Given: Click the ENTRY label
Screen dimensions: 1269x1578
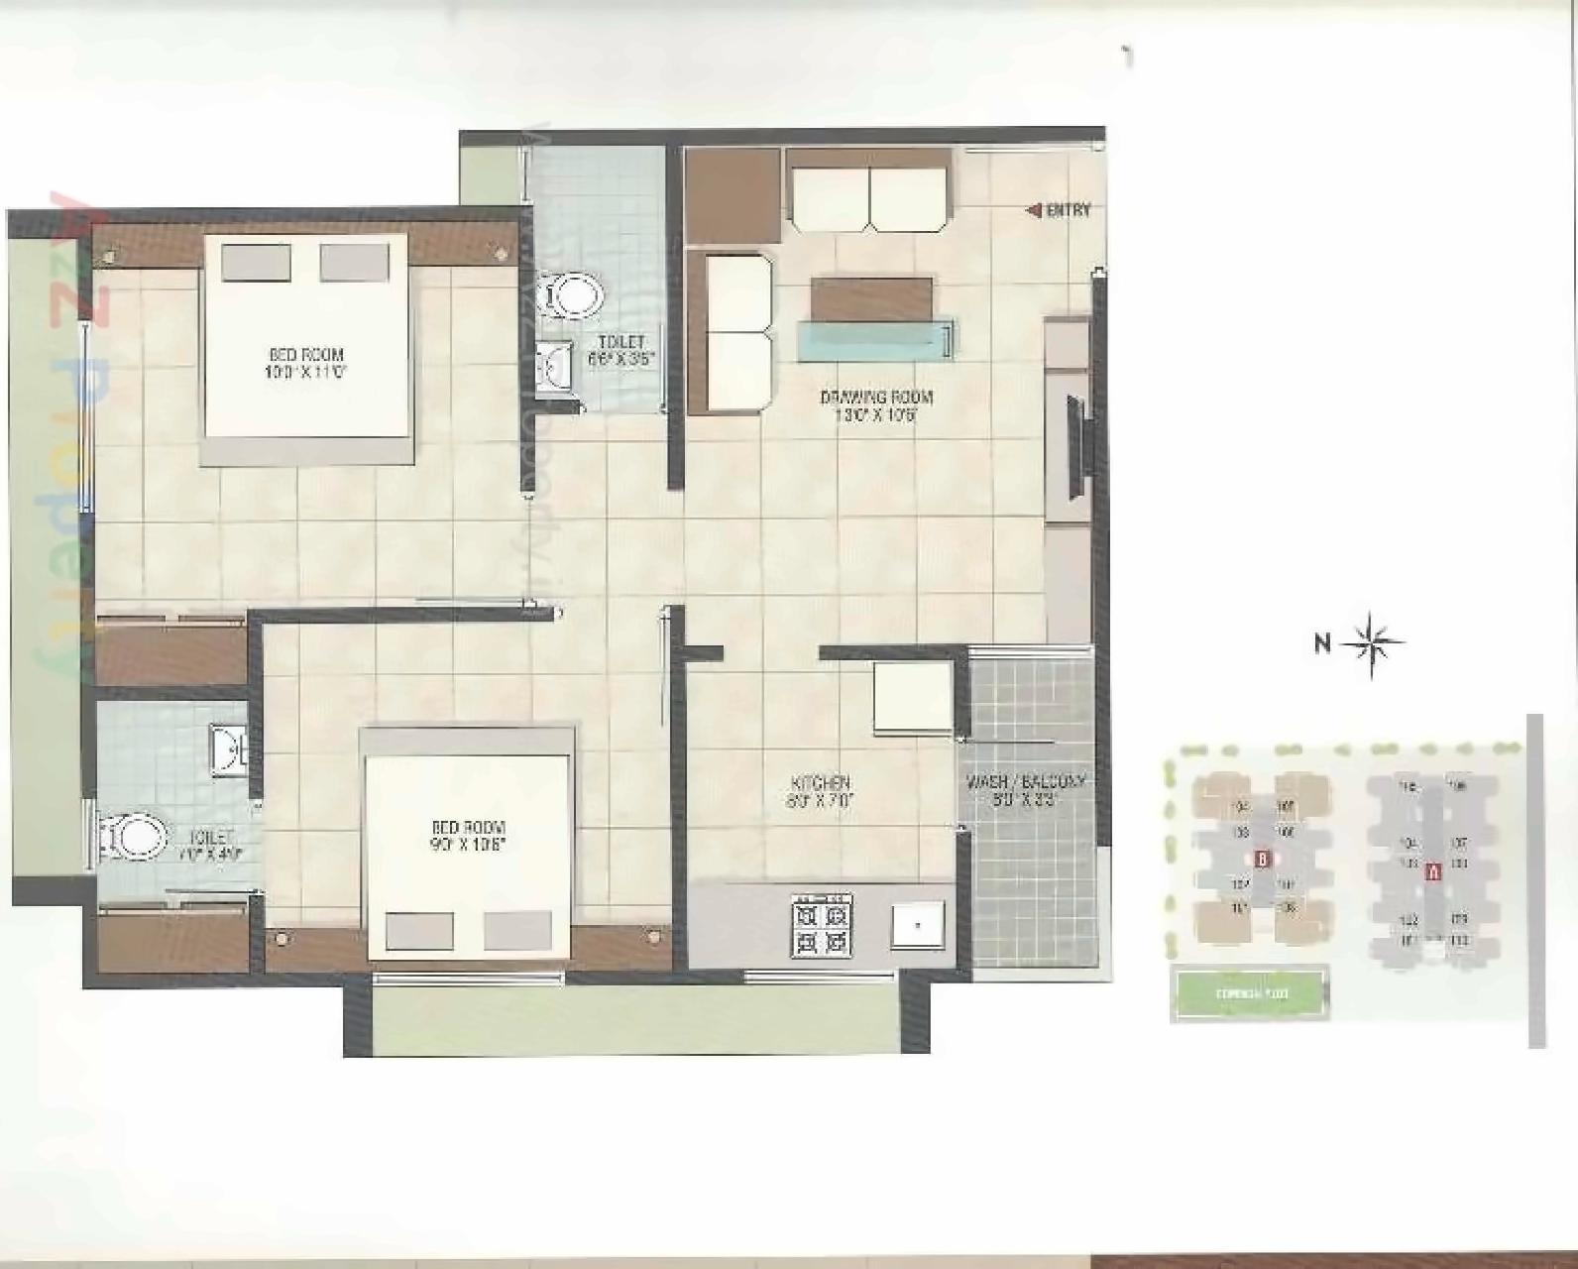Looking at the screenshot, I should point(1069,210).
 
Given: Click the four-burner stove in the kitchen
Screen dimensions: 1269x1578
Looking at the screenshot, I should point(821,926).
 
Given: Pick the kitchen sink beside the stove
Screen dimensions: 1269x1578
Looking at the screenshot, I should point(917,926).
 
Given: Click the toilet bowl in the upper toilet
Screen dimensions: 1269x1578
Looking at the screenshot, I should point(574,296).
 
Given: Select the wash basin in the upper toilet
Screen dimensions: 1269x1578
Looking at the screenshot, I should point(553,367).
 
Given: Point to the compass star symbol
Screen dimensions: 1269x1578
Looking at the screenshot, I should point(1374,643).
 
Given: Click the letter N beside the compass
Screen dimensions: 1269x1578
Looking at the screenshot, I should point(1322,643).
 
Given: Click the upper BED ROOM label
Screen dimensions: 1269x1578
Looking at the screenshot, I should point(306,363).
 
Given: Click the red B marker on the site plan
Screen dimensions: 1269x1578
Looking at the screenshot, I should point(1262,859).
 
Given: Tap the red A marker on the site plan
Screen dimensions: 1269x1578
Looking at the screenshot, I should point(1432,873).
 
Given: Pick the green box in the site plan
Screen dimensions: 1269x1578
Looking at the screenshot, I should point(1249,992).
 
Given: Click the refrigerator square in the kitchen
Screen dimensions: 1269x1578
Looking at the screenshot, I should point(912,697).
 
